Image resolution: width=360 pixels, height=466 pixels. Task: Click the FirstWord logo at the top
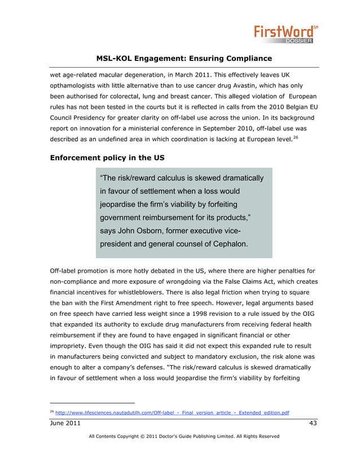[x=286, y=33]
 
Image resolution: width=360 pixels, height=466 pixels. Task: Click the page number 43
[x=313, y=423]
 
